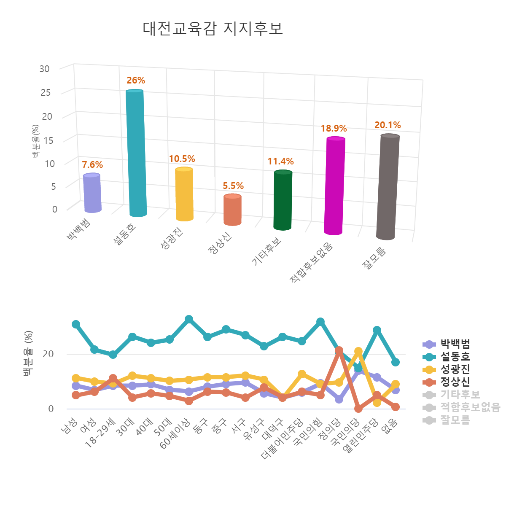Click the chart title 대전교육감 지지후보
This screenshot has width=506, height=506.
(213, 28)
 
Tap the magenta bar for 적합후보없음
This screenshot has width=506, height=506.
(335, 186)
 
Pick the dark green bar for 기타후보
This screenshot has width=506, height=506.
(283, 200)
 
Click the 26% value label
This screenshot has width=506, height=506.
(136, 81)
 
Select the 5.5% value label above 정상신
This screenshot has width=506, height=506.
(233, 186)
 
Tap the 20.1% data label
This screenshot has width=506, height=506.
(388, 125)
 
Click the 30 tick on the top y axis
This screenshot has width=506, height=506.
(44, 69)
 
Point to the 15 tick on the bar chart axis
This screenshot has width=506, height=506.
(48, 140)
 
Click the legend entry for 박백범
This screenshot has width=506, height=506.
(455, 344)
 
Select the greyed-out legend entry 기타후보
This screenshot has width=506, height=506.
(460, 395)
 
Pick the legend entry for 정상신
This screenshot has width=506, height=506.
(455, 382)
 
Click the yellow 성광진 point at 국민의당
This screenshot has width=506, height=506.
(358, 351)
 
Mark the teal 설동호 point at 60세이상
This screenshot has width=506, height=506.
(189, 319)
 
